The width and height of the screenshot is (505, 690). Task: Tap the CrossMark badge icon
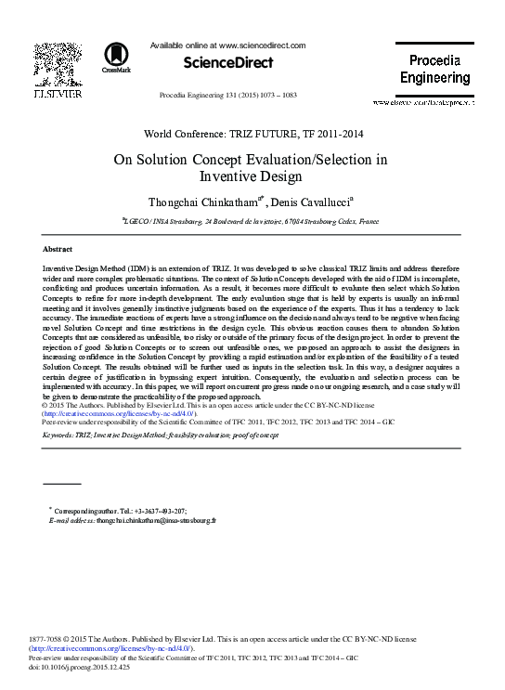pyautogui.click(x=117, y=57)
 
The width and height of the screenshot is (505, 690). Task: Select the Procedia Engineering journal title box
pyautogui.click(x=441, y=70)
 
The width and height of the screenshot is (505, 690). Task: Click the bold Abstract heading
pyautogui.click(x=58, y=250)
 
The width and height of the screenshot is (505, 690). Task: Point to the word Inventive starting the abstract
pyautogui.click(x=60, y=267)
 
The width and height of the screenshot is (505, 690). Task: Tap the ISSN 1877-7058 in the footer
pyautogui.click(x=63, y=640)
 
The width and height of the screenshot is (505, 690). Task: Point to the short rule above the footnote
pyautogui.click(x=62, y=484)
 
